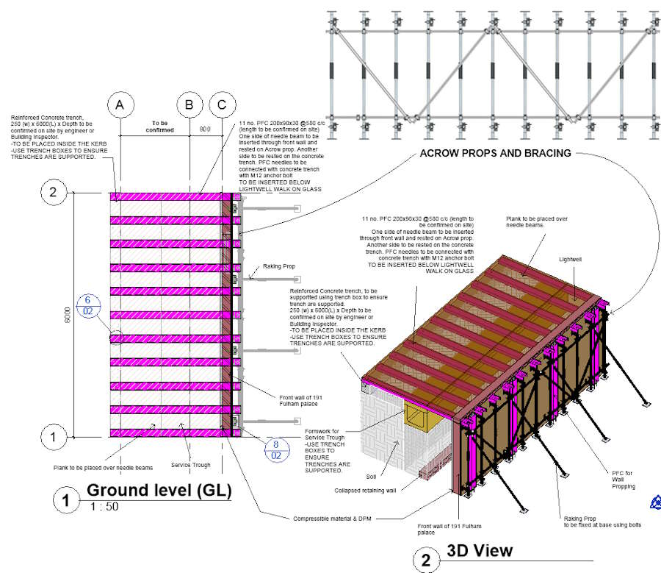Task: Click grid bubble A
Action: click(x=119, y=105)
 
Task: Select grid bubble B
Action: click(x=189, y=105)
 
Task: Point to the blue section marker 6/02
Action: click(x=87, y=305)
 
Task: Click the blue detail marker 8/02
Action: click(x=276, y=449)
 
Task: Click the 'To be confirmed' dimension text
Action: click(x=163, y=126)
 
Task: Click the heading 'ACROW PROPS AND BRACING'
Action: click(x=495, y=153)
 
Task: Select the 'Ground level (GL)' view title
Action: click(x=159, y=490)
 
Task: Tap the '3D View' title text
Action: click(x=480, y=550)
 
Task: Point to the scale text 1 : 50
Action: click(x=104, y=507)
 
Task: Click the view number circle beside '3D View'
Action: click(x=426, y=560)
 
